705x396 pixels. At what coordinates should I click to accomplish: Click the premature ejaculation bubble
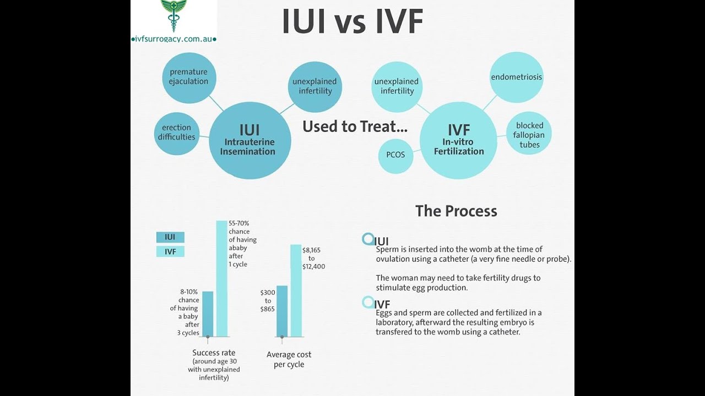[188, 77]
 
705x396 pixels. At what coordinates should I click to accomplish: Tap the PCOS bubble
[395, 155]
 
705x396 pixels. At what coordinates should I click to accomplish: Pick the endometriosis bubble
[516, 77]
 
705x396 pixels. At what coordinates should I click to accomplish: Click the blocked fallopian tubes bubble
[529, 134]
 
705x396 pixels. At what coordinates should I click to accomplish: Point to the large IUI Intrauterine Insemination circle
[250, 141]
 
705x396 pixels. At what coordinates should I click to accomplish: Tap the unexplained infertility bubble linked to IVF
[396, 86]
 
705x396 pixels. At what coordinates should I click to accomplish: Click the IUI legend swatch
[170, 238]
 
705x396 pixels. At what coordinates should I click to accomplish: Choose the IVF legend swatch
[170, 252]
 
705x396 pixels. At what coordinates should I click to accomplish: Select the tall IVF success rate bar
[221, 278]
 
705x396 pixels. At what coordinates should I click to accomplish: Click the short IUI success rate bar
[208, 313]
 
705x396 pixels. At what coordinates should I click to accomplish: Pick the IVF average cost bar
[296, 290]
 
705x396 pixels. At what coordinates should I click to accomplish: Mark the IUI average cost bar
[282, 311]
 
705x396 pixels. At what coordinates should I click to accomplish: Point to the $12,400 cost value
[313, 267]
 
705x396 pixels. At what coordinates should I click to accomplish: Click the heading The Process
[456, 211]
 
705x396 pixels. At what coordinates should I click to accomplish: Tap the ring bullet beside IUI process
[367, 239]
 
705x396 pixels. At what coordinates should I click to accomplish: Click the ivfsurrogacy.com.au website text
[173, 39]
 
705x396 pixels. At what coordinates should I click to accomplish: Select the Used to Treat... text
[355, 127]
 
